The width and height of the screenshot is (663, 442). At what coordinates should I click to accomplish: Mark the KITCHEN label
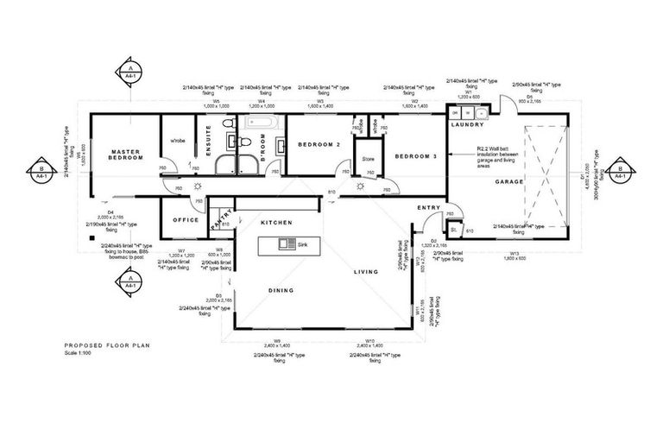pos(278,223)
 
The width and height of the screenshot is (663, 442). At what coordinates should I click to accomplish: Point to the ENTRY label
pos(429,208)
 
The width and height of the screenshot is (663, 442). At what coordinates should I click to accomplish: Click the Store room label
pos(368,159)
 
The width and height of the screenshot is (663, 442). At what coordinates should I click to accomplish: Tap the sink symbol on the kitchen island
pos(284,245)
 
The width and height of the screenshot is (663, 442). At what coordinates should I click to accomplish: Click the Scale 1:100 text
pos(82,352)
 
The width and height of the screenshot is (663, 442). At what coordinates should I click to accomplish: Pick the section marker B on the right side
pos(618,170)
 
